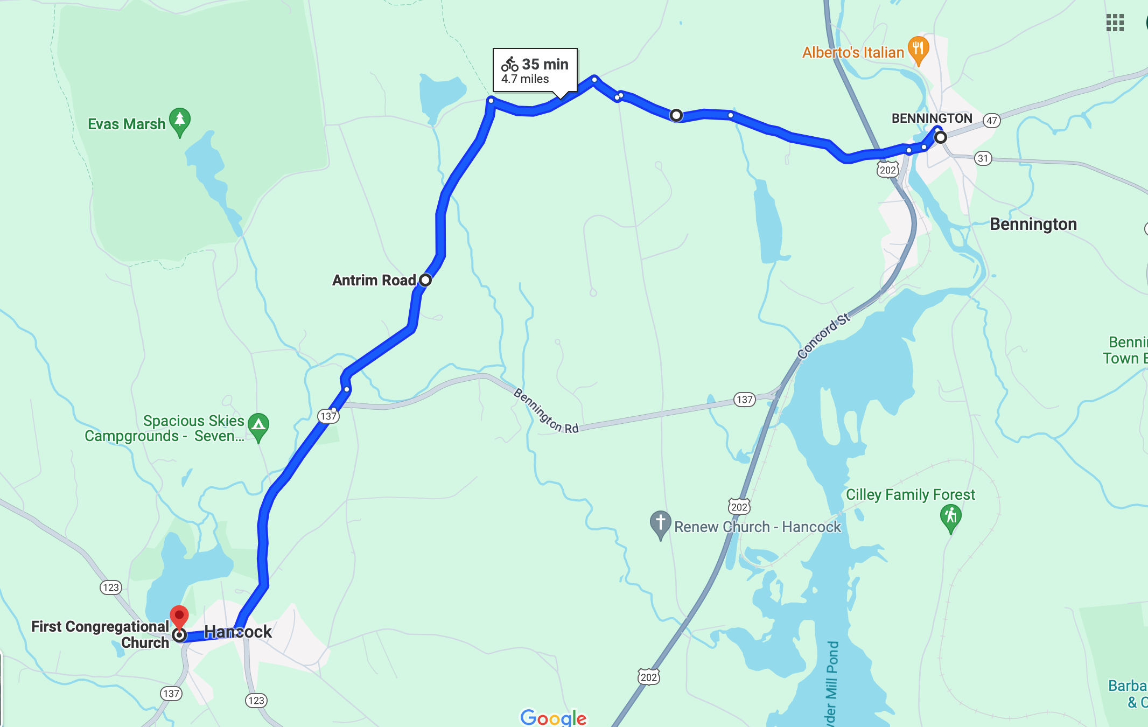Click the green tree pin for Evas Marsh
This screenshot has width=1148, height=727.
pyautogui.click(x=179, y=120)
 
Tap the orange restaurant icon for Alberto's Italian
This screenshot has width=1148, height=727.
pyautogui.click(x=918, y=48)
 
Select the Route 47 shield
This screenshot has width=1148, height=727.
pyautogui.click(x=991, y=121)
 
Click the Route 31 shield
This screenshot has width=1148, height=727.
pyautogui.click(x=983, y=158)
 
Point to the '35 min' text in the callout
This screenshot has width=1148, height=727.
pyautogui.click(x=545, y=65)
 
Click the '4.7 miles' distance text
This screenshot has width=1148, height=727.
pyautogui.click(x=525, y=79)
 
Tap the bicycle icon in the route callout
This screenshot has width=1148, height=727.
pyautogui.click(x=509, y=65)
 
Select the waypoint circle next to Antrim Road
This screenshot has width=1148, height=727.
pyautogui.click(x=425, y=280)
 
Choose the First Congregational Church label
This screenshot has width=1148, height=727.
pyautogui.click(x=100, y=634)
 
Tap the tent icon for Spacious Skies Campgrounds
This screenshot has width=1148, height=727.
pyautogui.click(x=258, y=425)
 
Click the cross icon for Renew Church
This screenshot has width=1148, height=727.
pyautogui.click(x=660, y=522)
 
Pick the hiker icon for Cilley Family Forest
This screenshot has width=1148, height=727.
pyautogui.click(x=950, y=516)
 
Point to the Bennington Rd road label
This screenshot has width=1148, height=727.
pyautogui.click(x=545, y=411)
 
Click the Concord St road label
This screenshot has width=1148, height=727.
pyautogui.click(x=823, y=336)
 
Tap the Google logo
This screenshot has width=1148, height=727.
pyautogui.click(x=553, y=717)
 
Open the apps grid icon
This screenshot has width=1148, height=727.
pyautogui.click(x=1115, y=23)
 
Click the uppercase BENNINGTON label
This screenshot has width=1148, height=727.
pyautogui.click(x=932, y=118)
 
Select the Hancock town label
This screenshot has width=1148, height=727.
pyautogui.click(x=238, y=632)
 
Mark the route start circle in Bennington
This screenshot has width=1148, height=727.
pyautogui.click(x=940, y=137)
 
